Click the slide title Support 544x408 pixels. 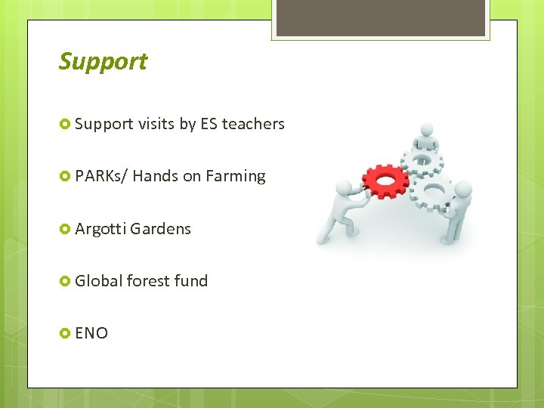tap(103, 62)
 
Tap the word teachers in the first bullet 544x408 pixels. tap(253, 124)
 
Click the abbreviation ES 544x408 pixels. tap(209, 124)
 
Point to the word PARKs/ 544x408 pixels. tap(101, 176)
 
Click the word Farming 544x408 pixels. tap(236, 176)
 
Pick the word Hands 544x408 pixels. tap(156, 176)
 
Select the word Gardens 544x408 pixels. tap(161, 229)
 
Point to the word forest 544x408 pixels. tap(148, 281)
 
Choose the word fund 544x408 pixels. tap(190, 281)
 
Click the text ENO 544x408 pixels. tap(91, 333)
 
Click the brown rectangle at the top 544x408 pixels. tap(380, 17)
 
